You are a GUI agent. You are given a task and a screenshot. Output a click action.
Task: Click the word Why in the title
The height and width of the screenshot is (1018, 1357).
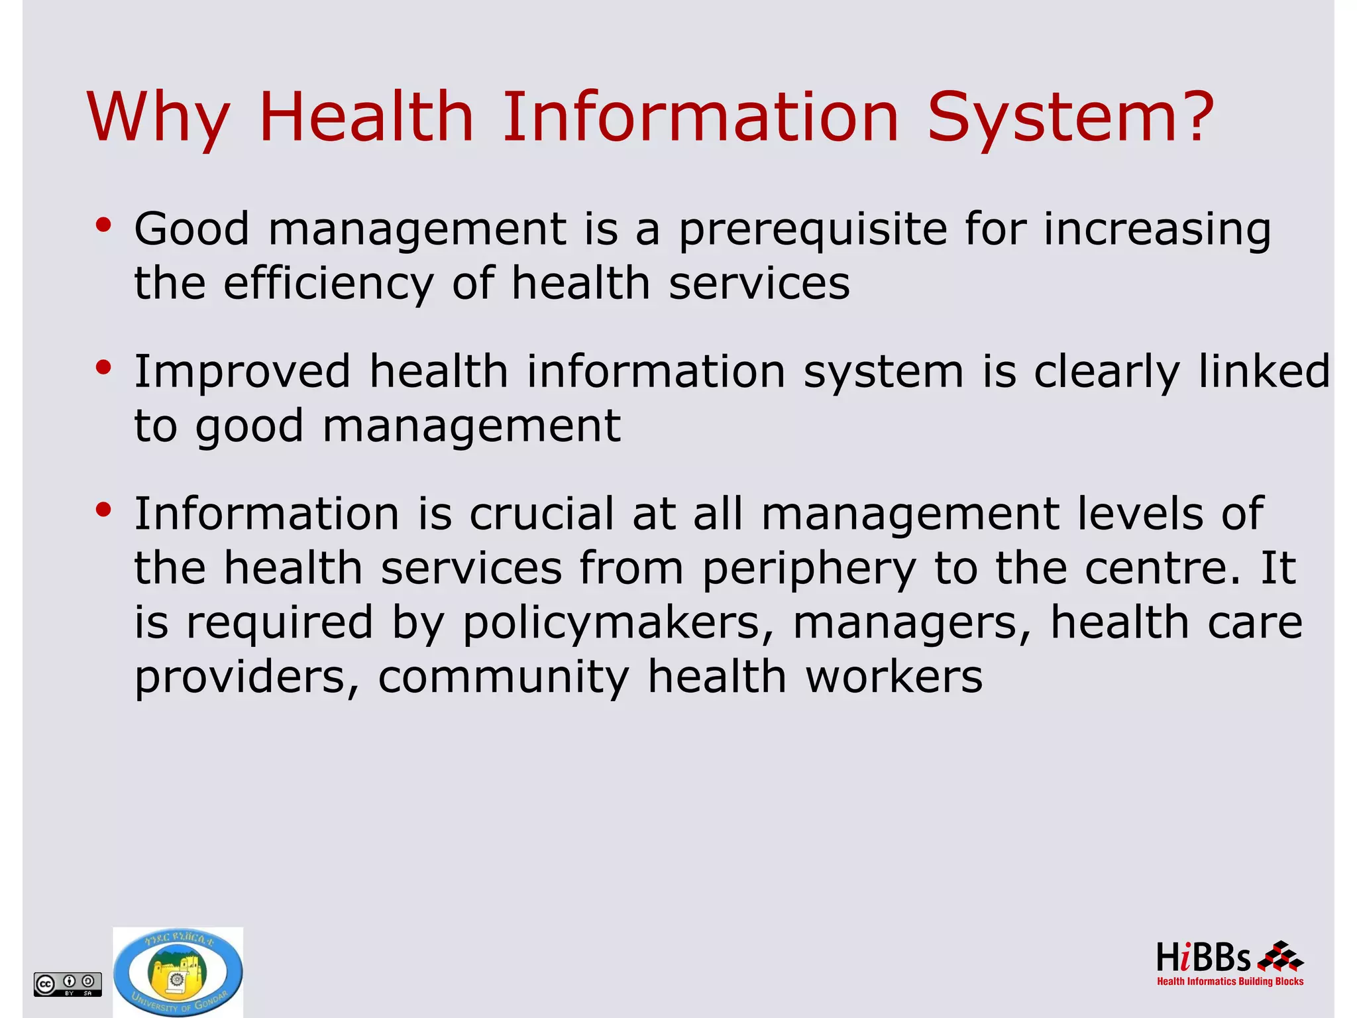pos(158,118)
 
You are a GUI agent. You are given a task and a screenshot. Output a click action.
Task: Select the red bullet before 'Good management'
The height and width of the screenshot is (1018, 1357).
pos(103,225)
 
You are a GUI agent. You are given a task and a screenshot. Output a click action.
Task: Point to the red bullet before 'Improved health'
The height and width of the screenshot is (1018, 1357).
pos(103,368)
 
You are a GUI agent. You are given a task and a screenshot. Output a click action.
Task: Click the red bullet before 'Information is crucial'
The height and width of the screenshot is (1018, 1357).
pos(103,510)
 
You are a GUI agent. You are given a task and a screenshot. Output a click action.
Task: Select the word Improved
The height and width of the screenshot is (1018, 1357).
pos(242,371)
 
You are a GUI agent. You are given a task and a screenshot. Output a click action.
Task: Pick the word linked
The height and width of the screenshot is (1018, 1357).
pos(1264,371)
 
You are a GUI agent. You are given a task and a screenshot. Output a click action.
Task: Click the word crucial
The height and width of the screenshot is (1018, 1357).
pos(542,514)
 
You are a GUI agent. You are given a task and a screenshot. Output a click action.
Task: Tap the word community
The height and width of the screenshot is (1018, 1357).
pos(504,678)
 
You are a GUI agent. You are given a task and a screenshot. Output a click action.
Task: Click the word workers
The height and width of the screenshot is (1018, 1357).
pos(894,677)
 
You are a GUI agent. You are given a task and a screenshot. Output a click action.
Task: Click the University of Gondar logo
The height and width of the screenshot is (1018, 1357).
pos(178,972)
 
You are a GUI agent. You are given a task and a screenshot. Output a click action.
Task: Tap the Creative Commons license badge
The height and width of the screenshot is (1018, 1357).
pos(68,984)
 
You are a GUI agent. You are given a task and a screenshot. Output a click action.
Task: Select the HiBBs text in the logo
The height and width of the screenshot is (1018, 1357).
pos(1203,958)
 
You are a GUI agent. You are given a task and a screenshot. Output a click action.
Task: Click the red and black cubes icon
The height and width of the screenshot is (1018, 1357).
pos(1280,956)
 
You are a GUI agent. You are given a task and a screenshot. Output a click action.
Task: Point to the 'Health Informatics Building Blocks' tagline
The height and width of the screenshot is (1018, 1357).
pos(1230,982)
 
